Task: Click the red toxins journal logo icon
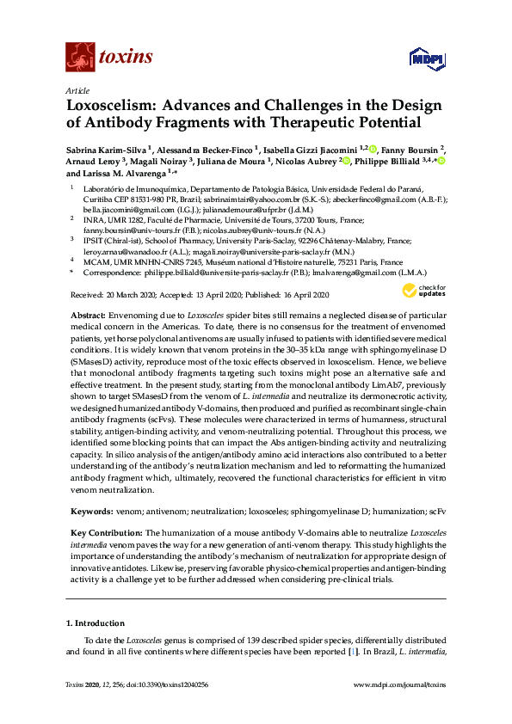tap(79, 58)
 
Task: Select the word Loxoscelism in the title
tap(114, 107)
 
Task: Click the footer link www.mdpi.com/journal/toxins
tap(400, 708)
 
